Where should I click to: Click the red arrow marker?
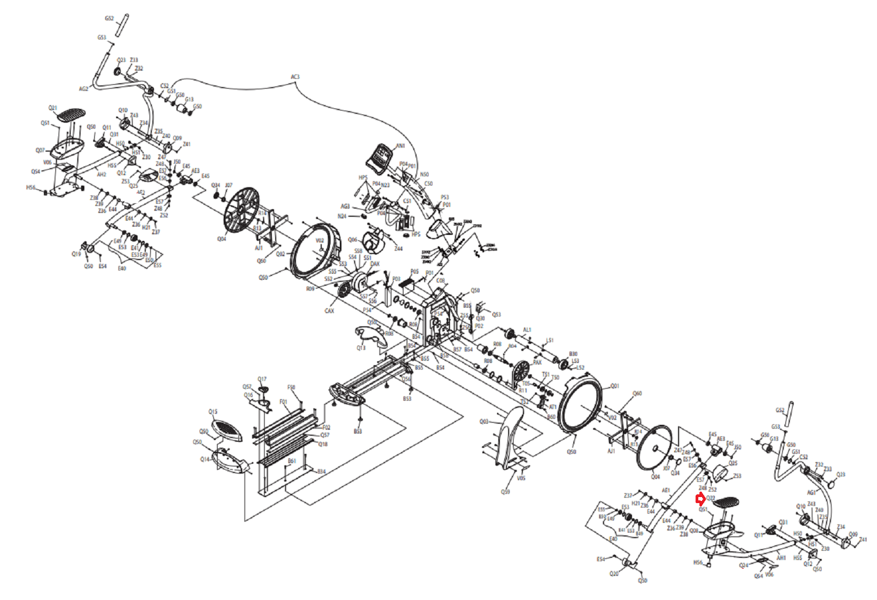pos(700,499)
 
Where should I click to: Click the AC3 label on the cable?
pos(295,77)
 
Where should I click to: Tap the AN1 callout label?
pos(400,146)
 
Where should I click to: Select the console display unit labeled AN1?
pos(379,159)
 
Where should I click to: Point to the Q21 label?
pos(53,108)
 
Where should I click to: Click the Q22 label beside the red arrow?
pos(711,498)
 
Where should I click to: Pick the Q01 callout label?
pos(614,386)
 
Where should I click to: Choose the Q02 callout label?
pos(280,254)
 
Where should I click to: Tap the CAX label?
pos(329,311)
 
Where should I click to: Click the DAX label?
pos(375,264)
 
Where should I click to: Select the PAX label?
pos(537,362)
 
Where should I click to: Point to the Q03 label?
pos(483,422)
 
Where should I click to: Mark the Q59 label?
pos(505,492)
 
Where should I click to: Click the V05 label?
pos(521,478)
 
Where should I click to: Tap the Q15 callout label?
pos(213,412)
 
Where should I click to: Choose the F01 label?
pos(283,402)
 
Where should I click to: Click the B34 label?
pos(321,471)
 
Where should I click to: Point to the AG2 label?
pos(83,89)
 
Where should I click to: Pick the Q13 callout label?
pos(361,348)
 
